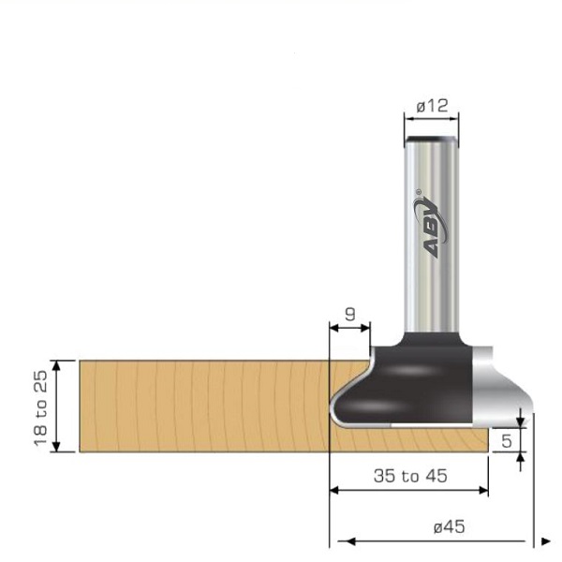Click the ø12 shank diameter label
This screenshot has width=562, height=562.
pyautogui.click(x=432, y=107)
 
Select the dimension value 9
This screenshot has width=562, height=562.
pyautogui.click(x=350, y=315)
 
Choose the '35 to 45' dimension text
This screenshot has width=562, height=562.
pyautogui.click(x=409, y=477)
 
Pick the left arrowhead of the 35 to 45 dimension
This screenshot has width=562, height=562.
pyautogui.click(x=335, y=490)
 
